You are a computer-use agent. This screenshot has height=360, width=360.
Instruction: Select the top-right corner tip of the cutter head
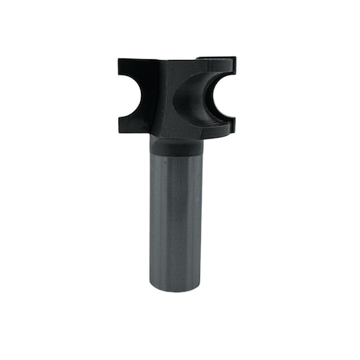pos(234,58)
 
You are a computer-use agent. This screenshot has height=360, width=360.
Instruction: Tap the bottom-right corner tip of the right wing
pos(234,130)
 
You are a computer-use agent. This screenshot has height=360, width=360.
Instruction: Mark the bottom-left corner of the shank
pos(150,286)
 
